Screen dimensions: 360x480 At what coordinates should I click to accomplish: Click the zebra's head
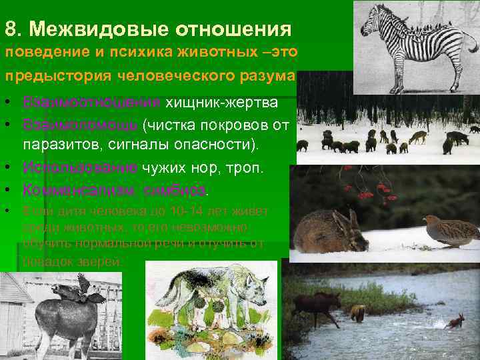371,22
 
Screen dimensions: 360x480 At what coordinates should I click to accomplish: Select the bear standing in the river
358,311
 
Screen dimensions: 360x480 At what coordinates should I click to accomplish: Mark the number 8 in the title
9,29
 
